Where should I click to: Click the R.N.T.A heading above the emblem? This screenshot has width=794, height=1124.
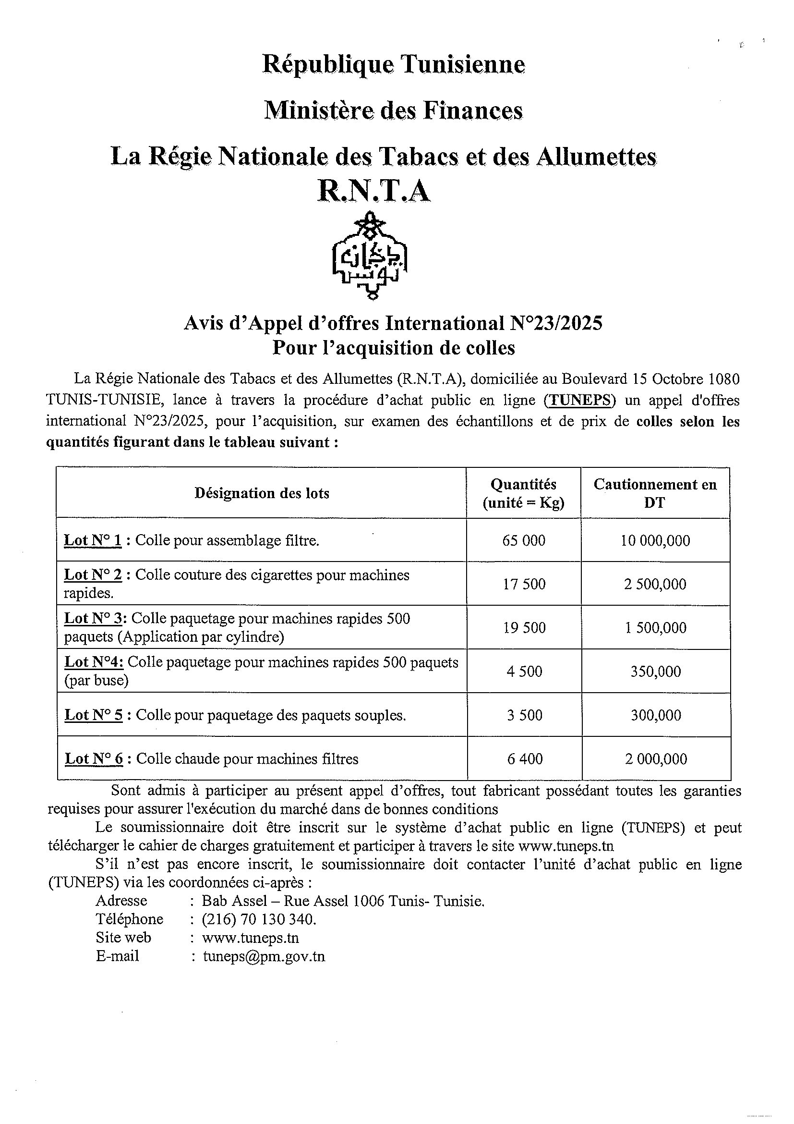coord(374,191)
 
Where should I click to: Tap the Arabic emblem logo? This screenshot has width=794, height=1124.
coord(370,256)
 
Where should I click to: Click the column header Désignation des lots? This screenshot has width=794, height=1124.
coord(262,493)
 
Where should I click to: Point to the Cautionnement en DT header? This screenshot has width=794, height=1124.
coord(655,493)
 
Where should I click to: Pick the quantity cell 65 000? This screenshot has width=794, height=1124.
coord(523,540)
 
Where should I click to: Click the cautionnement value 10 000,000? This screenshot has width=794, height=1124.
coord(656,540)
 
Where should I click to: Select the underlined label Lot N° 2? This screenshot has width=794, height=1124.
coord(93,574)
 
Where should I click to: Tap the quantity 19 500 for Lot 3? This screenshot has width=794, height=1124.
coord(524,628)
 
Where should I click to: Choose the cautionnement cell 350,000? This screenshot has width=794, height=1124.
coord(656,671)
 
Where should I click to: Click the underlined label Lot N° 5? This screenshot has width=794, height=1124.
coord(94,715)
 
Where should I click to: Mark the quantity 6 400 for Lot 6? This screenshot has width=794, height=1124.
coord(525,759)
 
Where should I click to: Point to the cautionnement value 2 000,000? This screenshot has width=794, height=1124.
coord(656,759)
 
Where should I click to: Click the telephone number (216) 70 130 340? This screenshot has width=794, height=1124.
coord(259,919)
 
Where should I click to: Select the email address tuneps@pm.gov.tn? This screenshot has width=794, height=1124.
coord(264,956)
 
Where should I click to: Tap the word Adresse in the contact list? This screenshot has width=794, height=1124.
coord(121,901)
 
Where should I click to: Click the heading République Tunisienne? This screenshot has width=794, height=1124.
coord(394,64)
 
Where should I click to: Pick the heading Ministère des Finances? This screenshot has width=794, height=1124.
coord(394,110)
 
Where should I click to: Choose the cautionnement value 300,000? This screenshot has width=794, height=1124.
coord(656,715)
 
